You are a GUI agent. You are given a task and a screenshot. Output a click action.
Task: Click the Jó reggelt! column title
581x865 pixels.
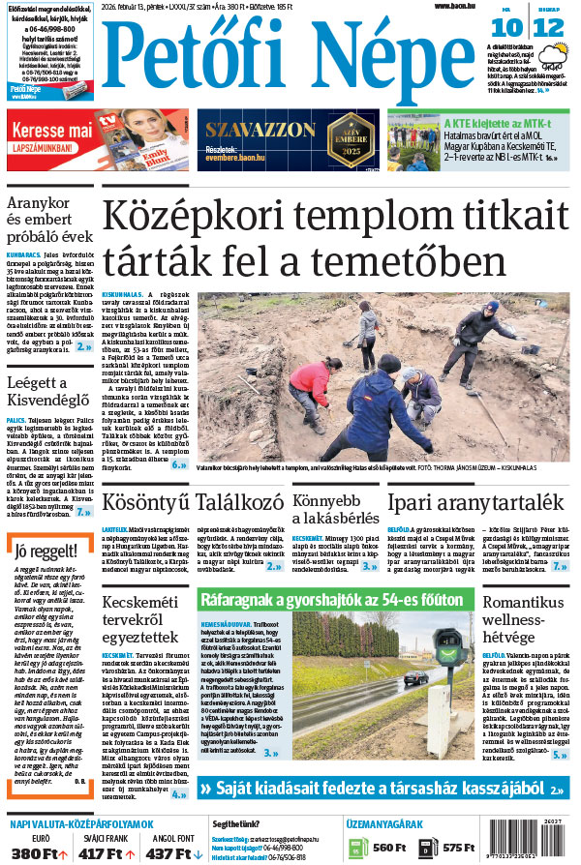coord(41,553)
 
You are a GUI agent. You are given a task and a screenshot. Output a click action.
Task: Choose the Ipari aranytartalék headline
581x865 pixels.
coord(474,503)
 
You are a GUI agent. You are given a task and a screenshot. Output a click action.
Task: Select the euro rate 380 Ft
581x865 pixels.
coord(39,852)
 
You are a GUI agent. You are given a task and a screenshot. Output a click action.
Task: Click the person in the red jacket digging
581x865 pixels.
coord(310,382)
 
